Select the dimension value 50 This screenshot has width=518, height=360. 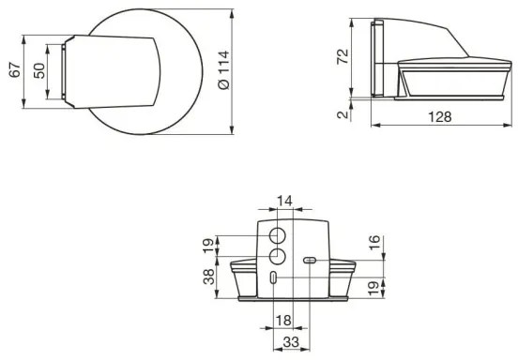pyautogui.click(x=38, y=72)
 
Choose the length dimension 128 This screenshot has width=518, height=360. pyautogui.click(x=441, y=117)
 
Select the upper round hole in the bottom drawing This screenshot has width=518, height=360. pyautogui.click(x=278, y=234)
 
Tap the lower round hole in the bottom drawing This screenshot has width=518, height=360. pyautogui.click(x=278, y=257)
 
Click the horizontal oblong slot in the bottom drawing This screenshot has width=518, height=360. pyautogui.click(x=309, y=261)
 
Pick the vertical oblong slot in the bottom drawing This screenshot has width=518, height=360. pyautogui.click(x=272, y=277)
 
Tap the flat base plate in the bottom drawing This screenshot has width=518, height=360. pyautogui.click(x=292, y=301)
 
